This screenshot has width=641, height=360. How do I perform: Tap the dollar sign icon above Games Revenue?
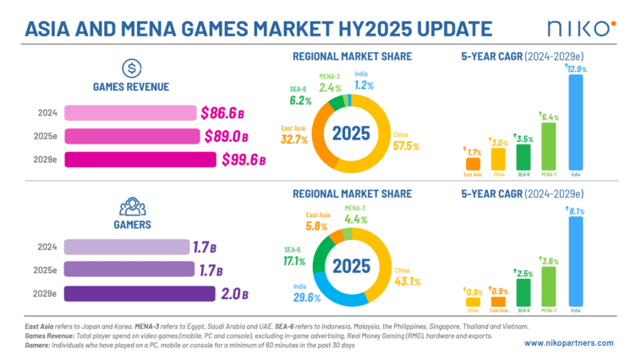click(x=129, y=68)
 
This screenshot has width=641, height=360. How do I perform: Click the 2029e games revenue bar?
click(x=140, y=159)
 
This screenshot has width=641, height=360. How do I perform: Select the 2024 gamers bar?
click(x=127, y=247)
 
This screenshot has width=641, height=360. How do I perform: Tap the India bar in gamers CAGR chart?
click(x=576, y=263)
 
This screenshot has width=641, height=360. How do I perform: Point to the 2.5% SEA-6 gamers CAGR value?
click(x=524, y=274)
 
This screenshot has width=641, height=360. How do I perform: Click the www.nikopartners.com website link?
click(x=573, y=343)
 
